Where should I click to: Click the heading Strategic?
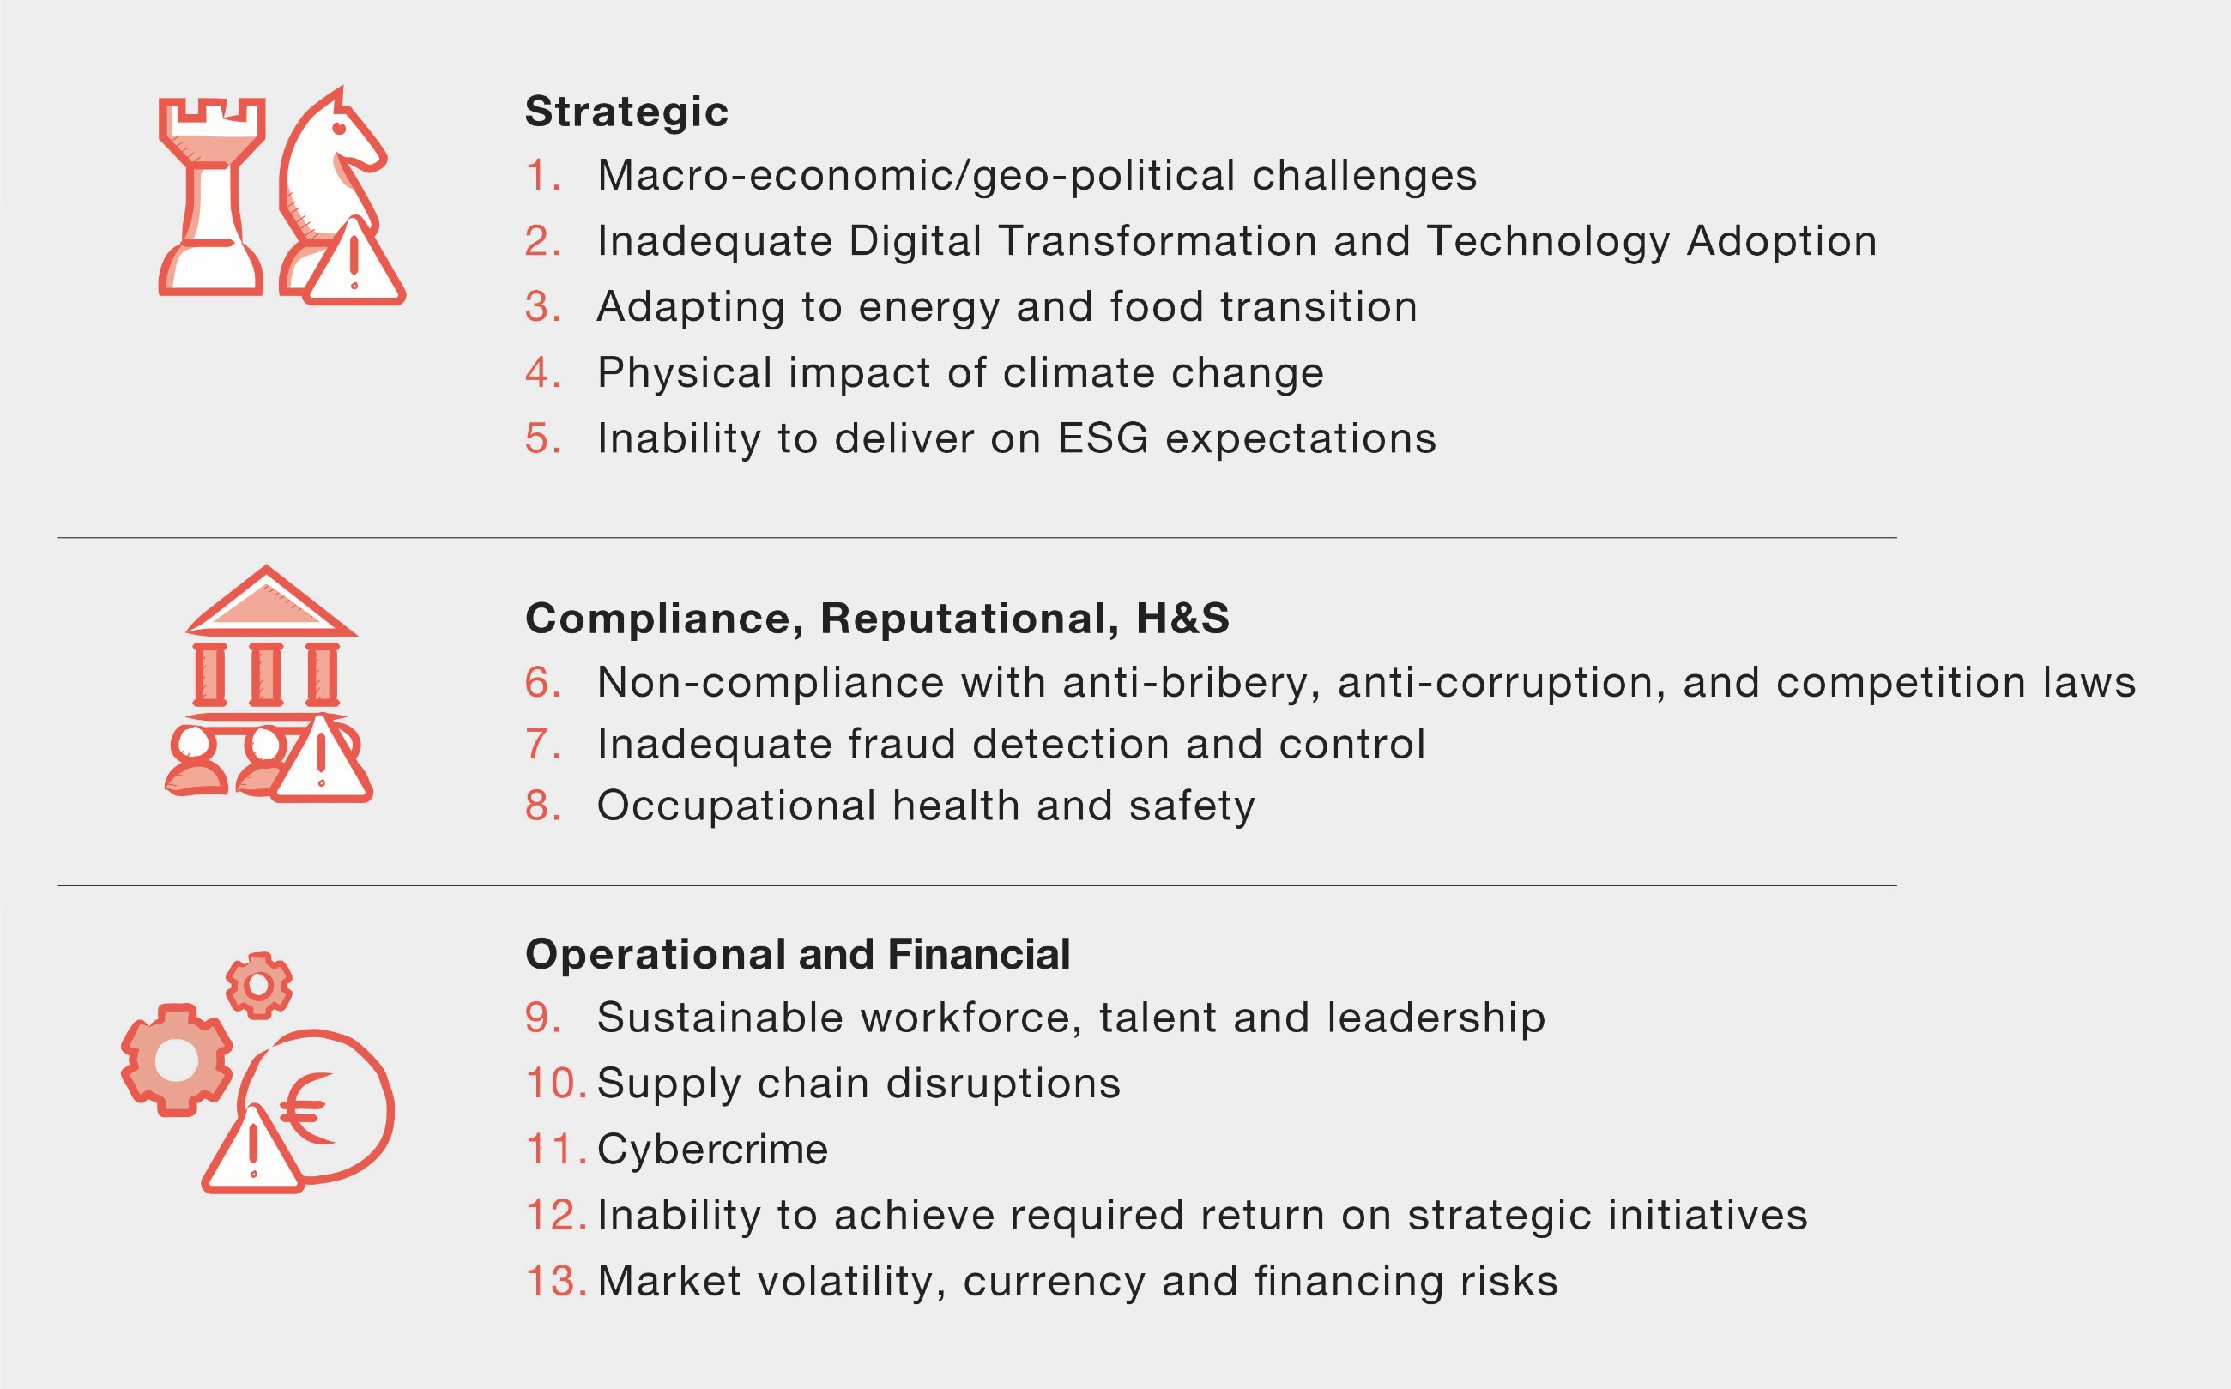point(626,112)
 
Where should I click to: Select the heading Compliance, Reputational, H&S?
point(878,619)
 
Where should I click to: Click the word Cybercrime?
point(712,1150)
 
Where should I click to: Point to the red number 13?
point(556,1281)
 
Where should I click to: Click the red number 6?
point(542,683)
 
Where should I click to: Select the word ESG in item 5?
point(1103,438)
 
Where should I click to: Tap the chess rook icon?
point(212,196)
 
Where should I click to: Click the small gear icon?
point(259,985)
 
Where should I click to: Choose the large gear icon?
point(177,1060)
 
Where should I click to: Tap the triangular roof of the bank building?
point(270,601)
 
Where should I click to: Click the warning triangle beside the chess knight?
point(354,263)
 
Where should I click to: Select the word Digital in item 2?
point(916,242)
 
